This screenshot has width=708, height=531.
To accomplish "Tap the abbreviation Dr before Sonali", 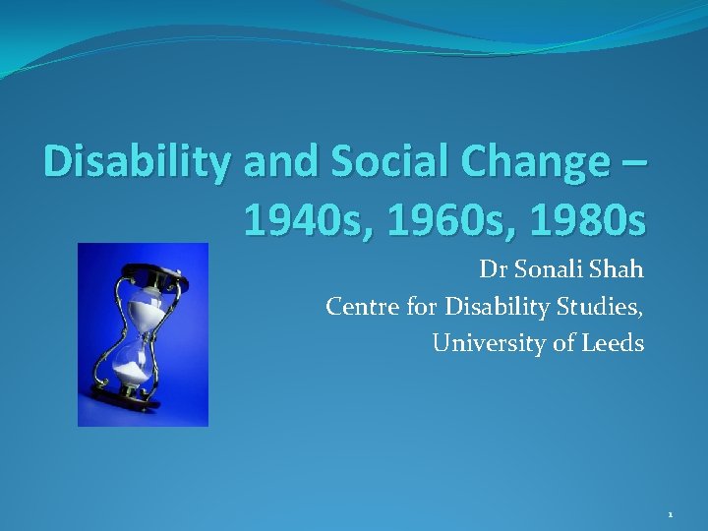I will coord(491,269).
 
